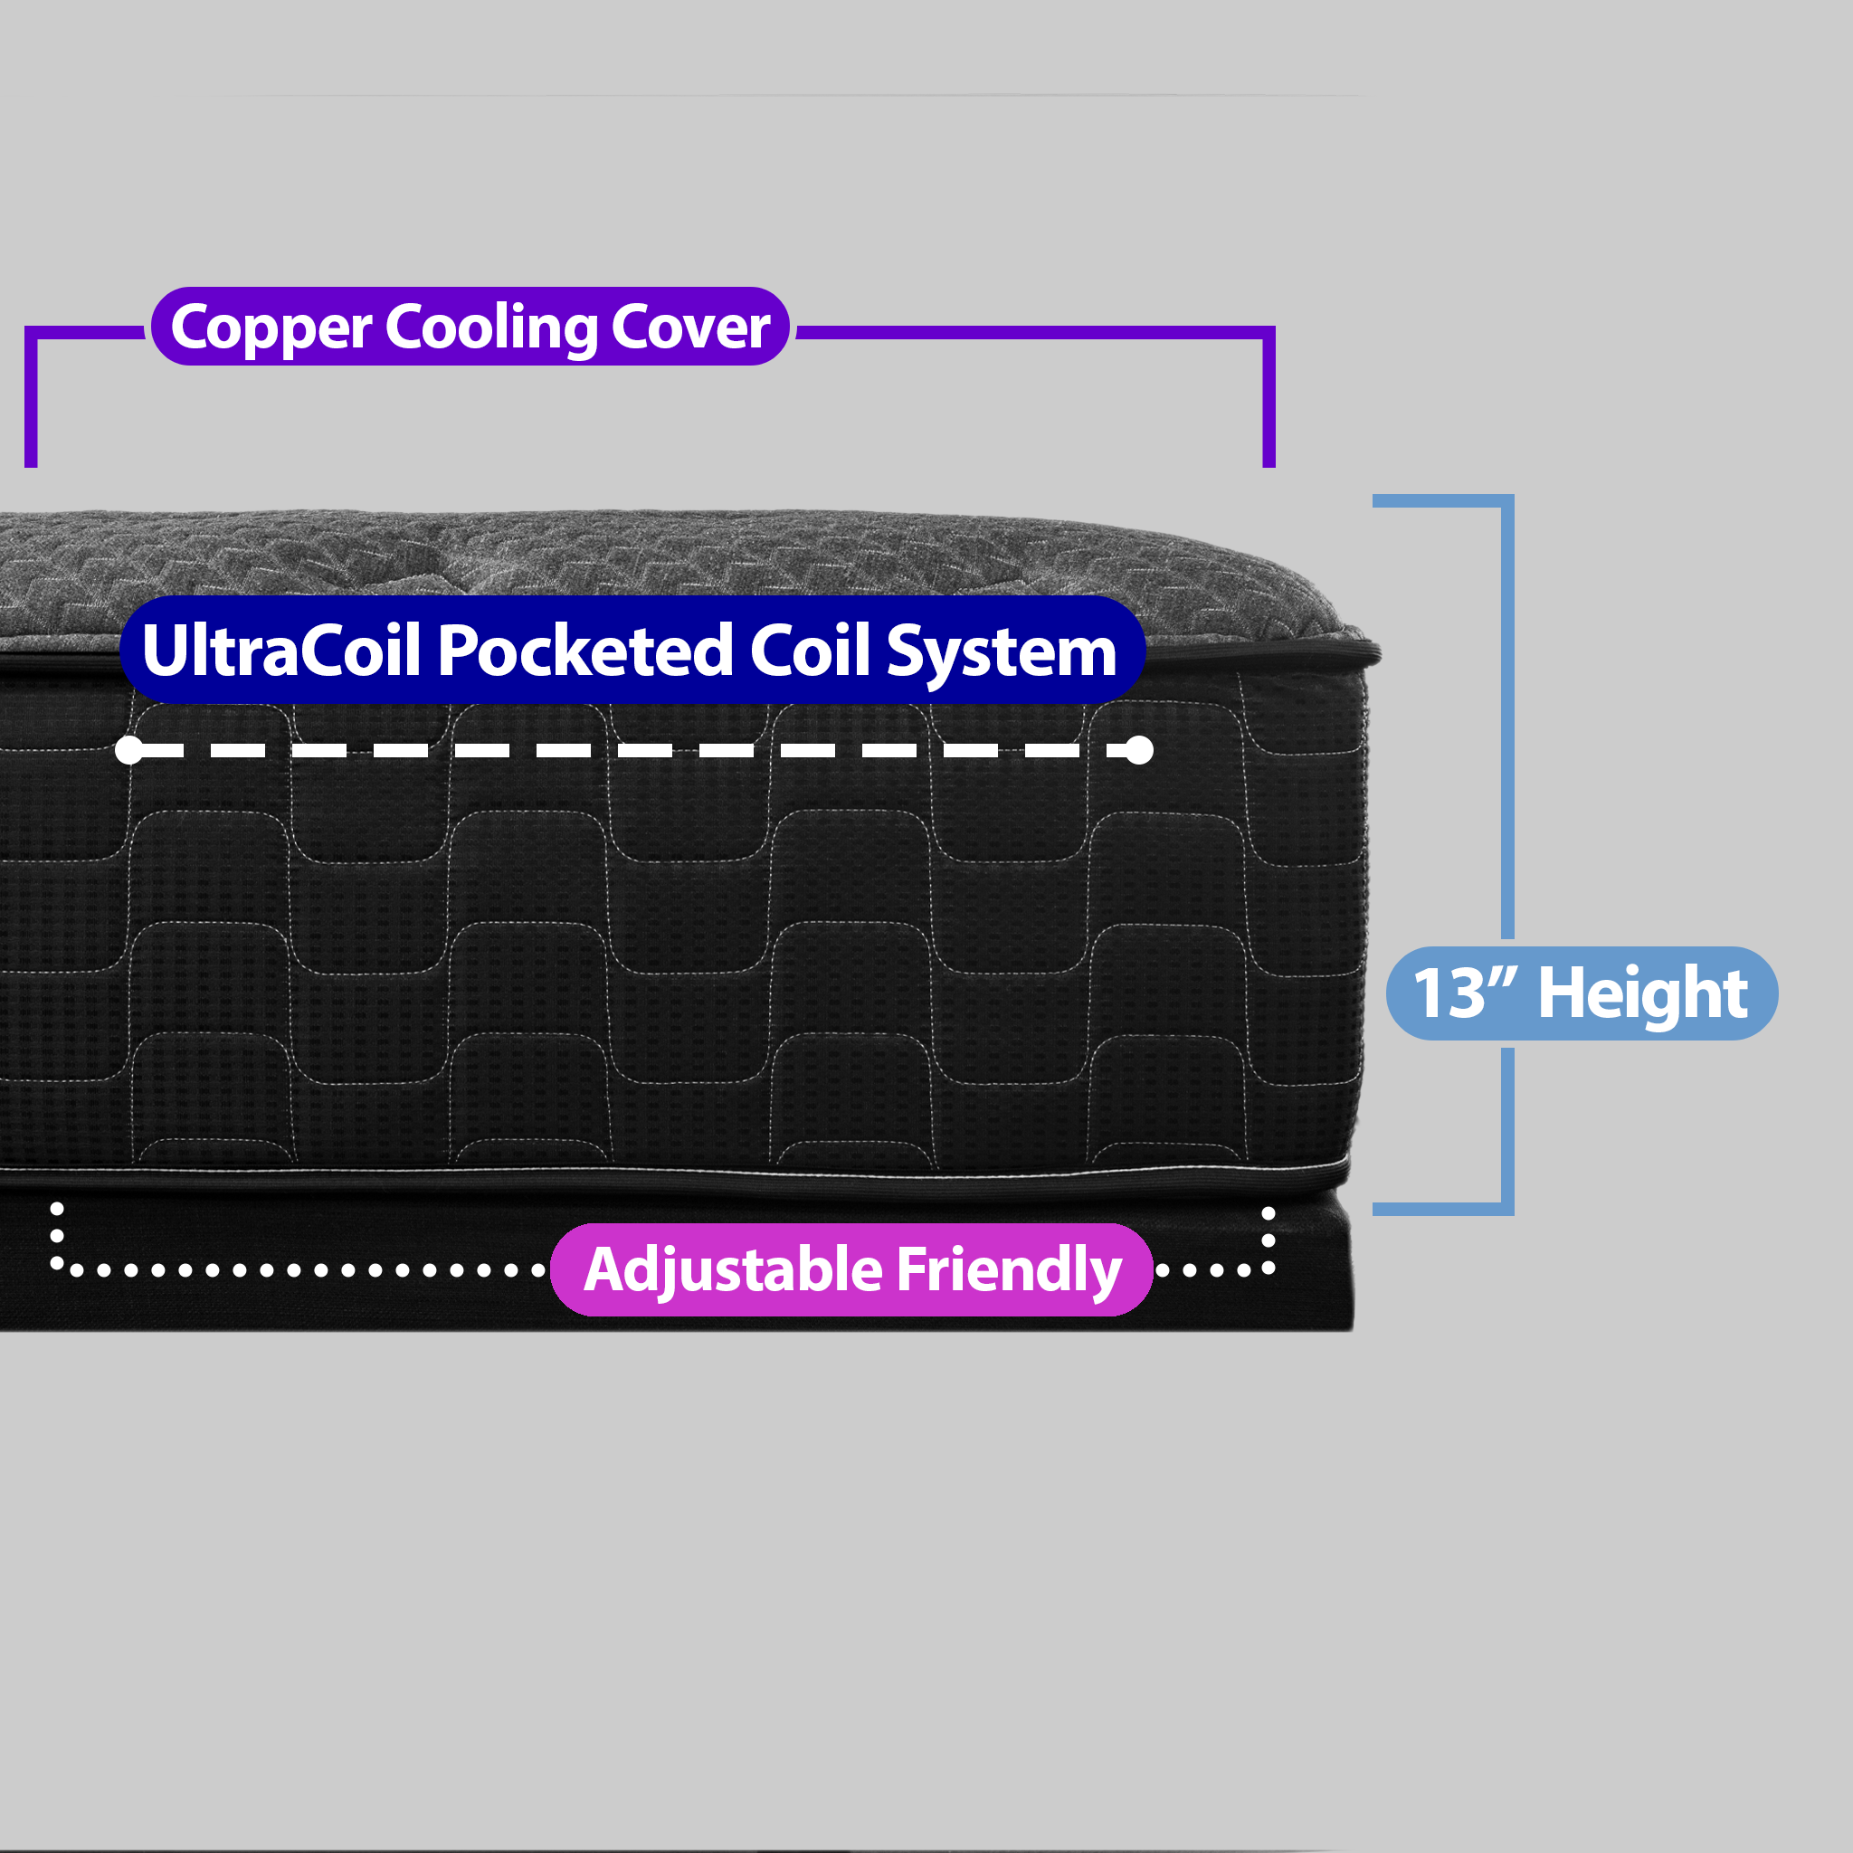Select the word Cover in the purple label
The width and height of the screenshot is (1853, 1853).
click(689, 327)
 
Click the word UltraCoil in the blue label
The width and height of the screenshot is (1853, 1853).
click(281, 651)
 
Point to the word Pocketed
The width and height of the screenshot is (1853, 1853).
click(585, 651)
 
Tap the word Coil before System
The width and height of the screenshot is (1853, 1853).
click(811, 651)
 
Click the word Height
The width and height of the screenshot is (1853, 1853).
click(1642, 993)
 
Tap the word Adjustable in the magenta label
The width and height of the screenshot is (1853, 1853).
click(733, 1269)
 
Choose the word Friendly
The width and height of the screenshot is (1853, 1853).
click(1009, 1269)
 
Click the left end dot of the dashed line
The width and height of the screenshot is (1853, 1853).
click(128, 751)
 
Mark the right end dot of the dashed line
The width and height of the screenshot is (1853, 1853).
click(1138, 751)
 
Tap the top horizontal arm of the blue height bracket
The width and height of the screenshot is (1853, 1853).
click(1439, 500)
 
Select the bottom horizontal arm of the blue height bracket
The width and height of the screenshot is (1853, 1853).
click(1439, 1210)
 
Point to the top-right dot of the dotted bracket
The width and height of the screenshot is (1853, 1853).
click(1268, 1214)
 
